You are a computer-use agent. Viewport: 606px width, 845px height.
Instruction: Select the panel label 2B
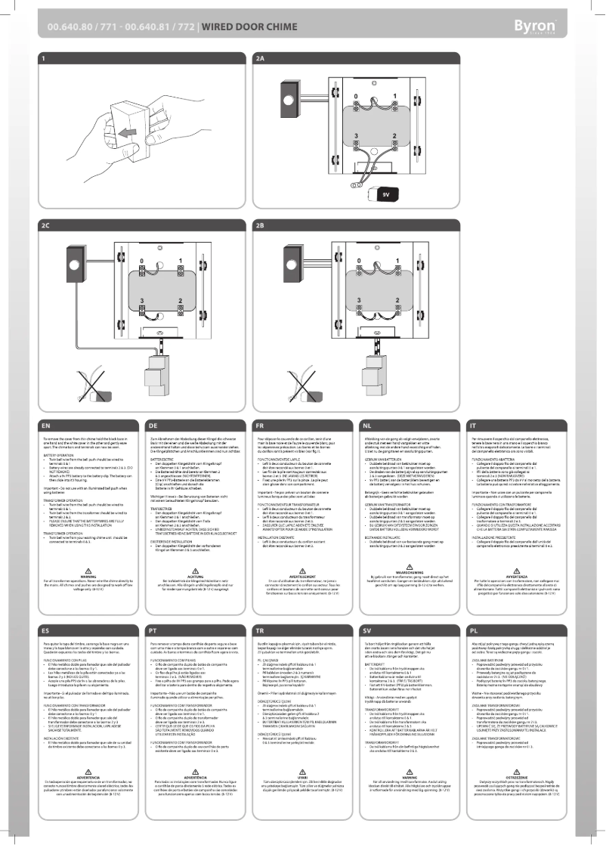coord(261,226)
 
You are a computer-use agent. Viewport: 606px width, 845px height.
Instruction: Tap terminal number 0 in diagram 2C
coord(141,262)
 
